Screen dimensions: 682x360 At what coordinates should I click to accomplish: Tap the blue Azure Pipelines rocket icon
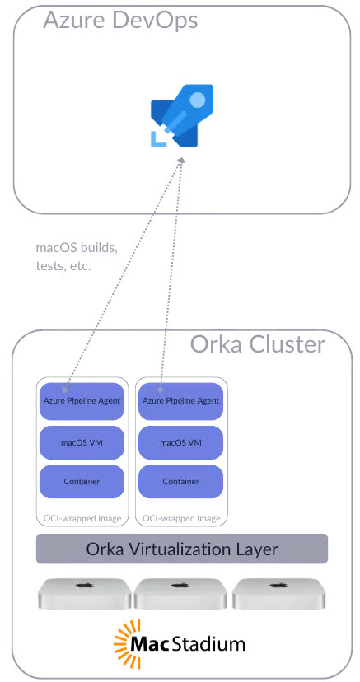pyautogui.click(x=175, y=121)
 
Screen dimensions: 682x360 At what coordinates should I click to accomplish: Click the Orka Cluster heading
pyautogui.click(x=257, y=343)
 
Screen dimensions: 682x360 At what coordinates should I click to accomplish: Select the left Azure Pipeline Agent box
pyautogui.click(x=82, y=401)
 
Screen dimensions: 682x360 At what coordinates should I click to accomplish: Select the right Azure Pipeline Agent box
pyautogui.click(x=181, y=401)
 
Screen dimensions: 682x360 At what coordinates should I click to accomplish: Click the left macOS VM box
pyautogui.click(x=82, y=442)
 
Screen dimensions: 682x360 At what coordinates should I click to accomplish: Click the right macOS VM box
pyautogui.click(x=181, y=442)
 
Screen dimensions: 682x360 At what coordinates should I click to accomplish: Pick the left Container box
pyautogui.click(x=82, y=481)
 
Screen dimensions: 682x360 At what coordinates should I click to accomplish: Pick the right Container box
pyautogui.click(x=181, y=481)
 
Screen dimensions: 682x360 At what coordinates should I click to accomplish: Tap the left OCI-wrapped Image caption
pyautogui.click(x=82, y=518)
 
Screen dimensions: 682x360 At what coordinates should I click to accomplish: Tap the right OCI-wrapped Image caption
pyautogui.click(x=181, y=518)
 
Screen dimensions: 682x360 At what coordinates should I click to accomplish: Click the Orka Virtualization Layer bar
pyautogui.click(x=181, y=549)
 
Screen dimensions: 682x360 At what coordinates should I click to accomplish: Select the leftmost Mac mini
pyautogui.click(x=83, y=594)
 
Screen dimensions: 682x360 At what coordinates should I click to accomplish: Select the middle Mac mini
pyautogui.click(x=181, y=594)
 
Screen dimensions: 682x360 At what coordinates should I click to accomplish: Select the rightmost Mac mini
pyautogui.click(x=279, y=594)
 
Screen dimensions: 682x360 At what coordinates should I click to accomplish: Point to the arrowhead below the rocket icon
pyautogui.click(x=181, y=161)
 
